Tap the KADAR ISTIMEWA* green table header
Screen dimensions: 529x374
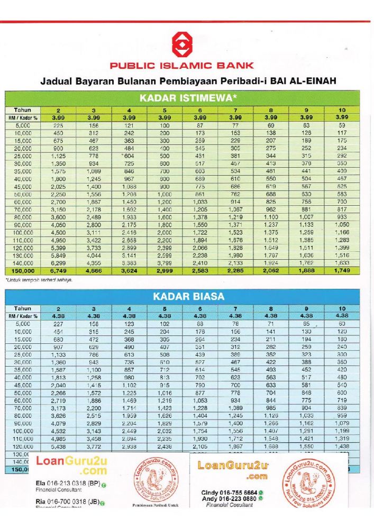click(x=181, y=98)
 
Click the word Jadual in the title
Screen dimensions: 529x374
click(x=57, y=81)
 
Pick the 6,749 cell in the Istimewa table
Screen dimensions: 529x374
click(x=59, y=272)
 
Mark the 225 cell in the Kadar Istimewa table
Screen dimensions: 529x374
click(x=59, y=125)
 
